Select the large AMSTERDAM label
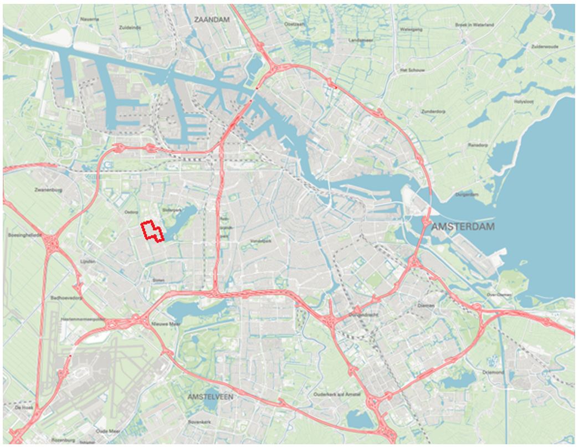point(463,227)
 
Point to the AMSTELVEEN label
point(210,397)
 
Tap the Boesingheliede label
point(24,235)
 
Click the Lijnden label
point(88,260)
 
